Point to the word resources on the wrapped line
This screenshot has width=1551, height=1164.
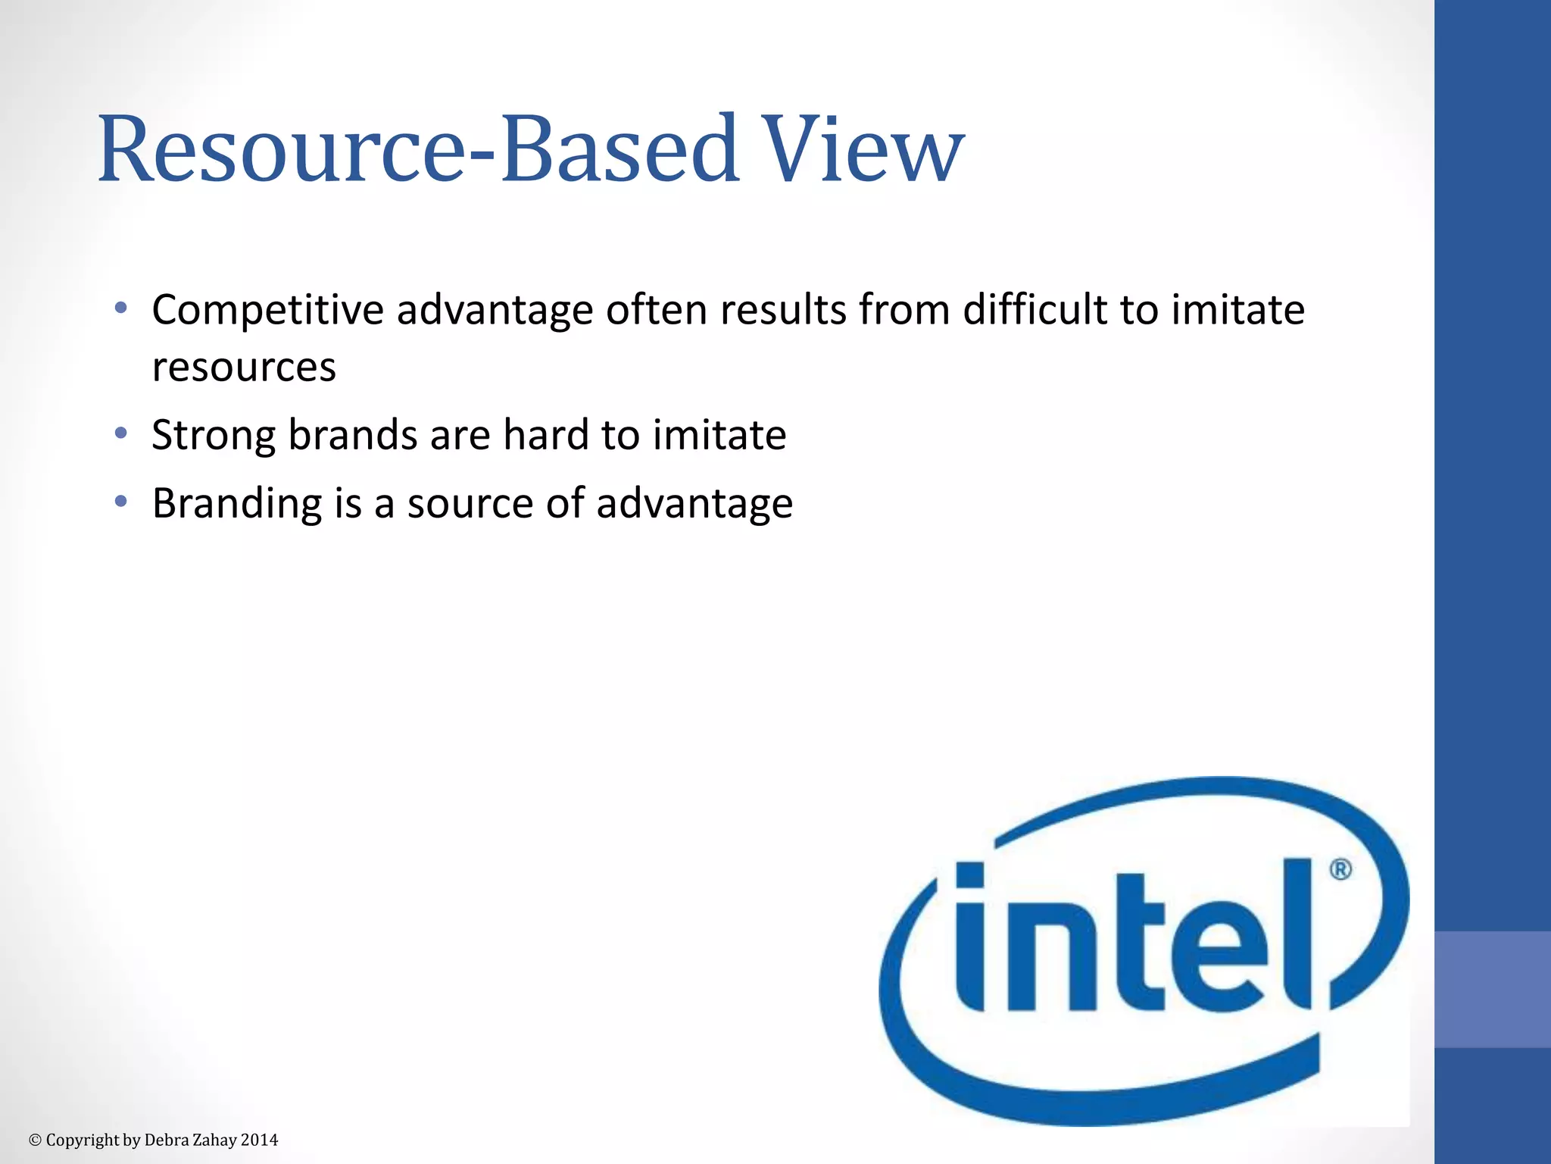click(x=244, y=368)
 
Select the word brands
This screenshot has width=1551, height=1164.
click(x=352, y=435)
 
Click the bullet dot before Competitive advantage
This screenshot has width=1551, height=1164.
click(x=120, y=308)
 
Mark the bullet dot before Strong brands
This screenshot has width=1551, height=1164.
click(x=120, y=433)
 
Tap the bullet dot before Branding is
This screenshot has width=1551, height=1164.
click(x=120, y=501)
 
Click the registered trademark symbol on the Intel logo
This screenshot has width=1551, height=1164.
click(x=1340, y=869)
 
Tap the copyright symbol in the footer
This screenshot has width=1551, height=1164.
click(x=35, y=1141)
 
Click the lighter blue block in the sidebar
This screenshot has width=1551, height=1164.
click(x=1493, y=989)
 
